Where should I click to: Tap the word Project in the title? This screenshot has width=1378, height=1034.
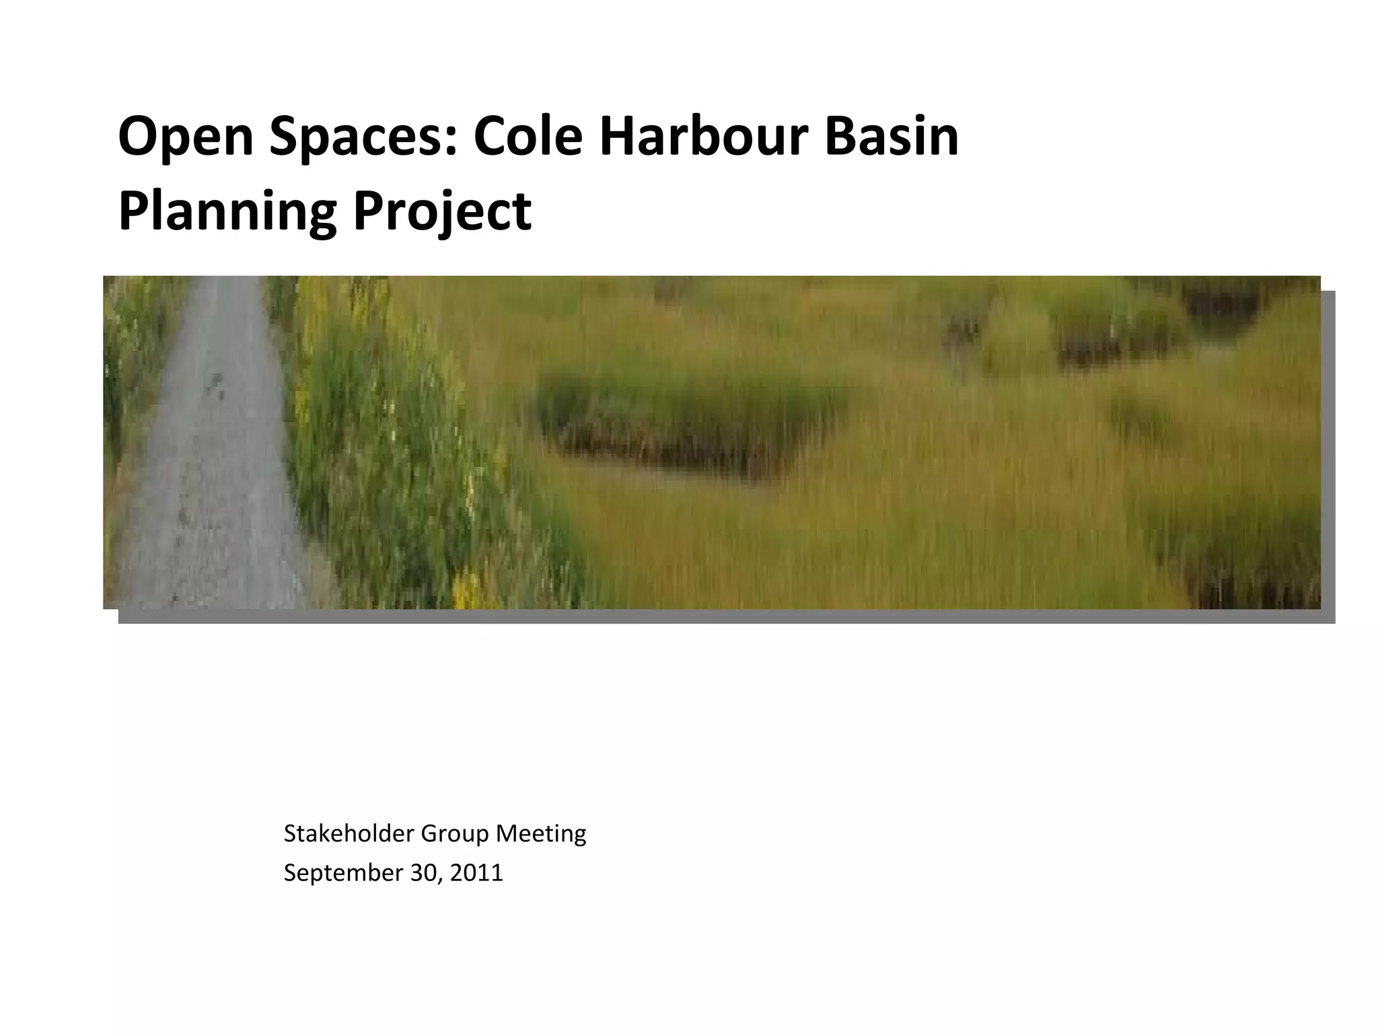tap(442, 212)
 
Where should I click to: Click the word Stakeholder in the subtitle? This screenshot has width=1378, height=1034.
tap(348, 833)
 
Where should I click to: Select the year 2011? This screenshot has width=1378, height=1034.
tap(476, 873)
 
